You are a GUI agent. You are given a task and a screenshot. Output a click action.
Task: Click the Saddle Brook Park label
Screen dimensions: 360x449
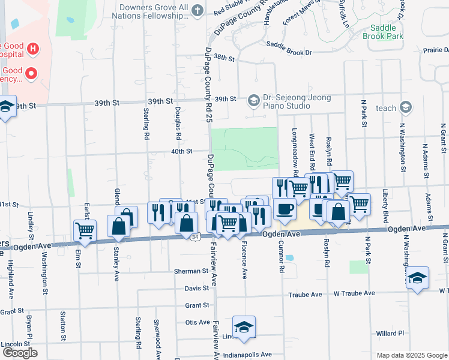383,32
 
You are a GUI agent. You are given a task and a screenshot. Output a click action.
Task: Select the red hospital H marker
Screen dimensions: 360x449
33,48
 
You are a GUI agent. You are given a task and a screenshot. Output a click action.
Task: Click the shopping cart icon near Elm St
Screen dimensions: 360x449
85,229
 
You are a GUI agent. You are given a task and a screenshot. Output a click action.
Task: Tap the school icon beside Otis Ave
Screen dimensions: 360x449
244,326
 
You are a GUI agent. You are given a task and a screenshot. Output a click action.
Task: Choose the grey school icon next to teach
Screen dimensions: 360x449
406,108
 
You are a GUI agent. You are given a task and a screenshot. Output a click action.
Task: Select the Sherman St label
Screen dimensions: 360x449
190,271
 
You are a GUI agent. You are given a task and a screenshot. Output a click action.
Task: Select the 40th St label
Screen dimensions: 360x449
181,151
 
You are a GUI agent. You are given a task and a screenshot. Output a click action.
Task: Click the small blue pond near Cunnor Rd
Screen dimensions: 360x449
290,258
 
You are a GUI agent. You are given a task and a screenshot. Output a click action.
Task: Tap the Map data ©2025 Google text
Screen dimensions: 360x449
411,355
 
